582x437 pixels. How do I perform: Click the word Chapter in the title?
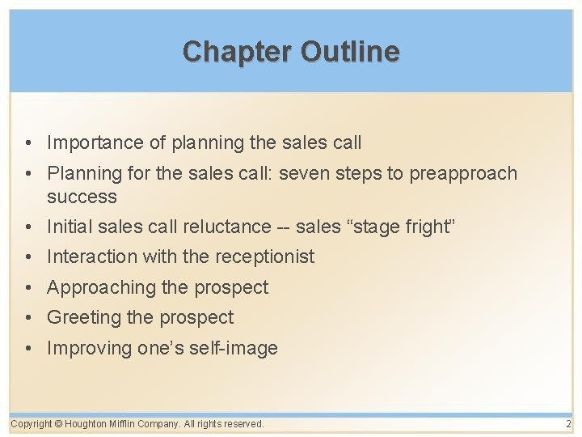point(238,52)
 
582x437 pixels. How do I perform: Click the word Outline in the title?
point(350,52)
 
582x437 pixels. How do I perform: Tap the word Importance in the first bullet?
point(96,143)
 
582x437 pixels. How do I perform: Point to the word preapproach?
point(463,173)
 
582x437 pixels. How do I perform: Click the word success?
point(82,197)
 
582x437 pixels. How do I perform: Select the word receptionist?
point(264,257)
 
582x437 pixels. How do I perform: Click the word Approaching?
point(101,287)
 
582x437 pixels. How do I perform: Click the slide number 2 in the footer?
point(568,423)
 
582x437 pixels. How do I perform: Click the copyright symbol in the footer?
point(58,423)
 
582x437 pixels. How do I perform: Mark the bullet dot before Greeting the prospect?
point(28,318)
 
